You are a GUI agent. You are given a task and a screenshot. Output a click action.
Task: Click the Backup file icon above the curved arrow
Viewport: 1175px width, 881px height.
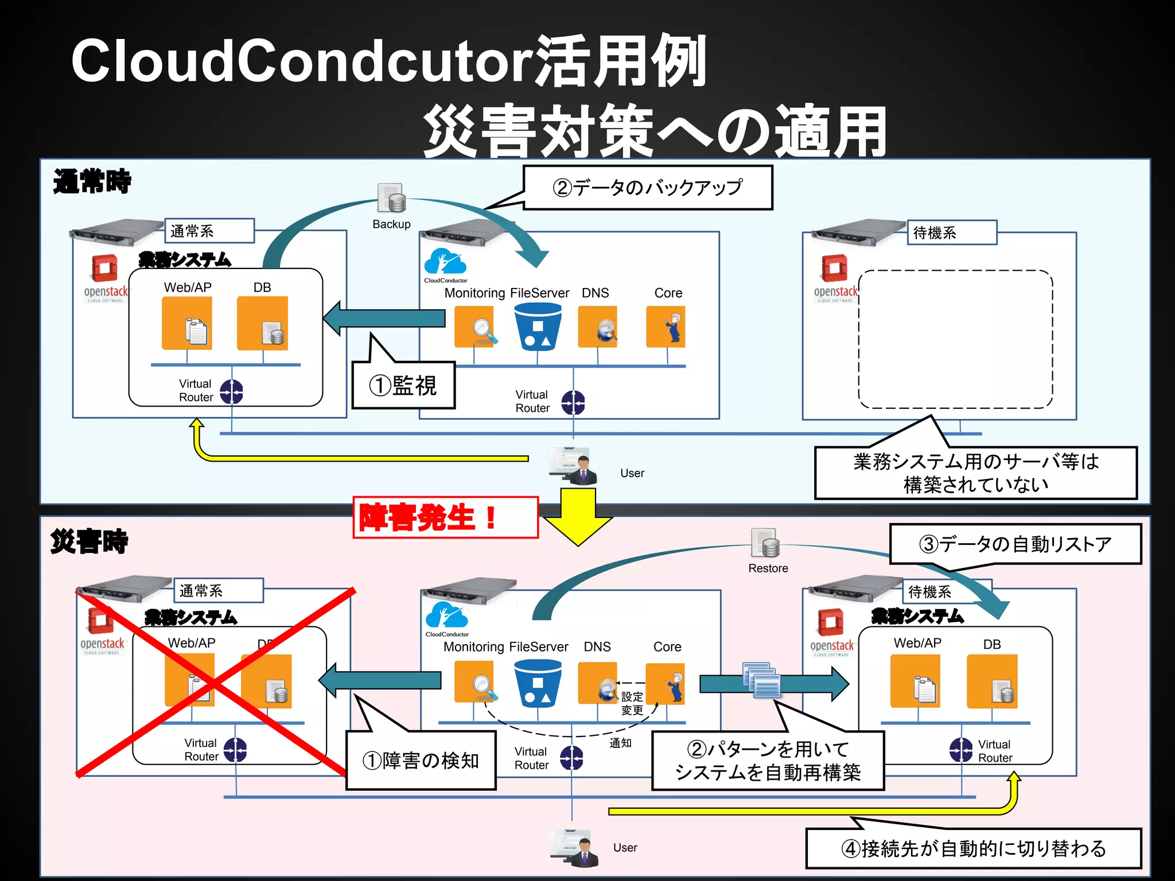click(391, 198)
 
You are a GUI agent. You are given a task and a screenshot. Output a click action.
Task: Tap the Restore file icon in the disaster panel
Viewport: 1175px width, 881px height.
click(765, 543)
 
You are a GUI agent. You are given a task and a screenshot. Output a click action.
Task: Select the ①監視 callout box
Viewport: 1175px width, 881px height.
click(403, 385)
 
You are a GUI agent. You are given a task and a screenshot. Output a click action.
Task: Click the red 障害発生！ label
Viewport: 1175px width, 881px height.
click(445, 517)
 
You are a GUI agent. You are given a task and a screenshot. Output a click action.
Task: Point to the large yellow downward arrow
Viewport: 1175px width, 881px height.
click(578, 516)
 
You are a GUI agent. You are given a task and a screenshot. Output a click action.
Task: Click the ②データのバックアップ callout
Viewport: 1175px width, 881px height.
click(648, 188)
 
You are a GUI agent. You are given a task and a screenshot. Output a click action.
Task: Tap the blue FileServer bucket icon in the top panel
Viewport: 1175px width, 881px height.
click(538, 326)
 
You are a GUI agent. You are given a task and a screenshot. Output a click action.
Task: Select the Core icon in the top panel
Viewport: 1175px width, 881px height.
click(666, 326)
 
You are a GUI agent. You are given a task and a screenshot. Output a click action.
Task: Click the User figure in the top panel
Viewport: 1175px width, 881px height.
click(574, 466)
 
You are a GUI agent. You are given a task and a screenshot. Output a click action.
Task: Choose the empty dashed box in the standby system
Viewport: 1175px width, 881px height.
click(955, 339)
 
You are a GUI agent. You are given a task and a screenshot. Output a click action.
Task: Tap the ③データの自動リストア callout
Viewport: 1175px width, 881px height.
click(1015, 544)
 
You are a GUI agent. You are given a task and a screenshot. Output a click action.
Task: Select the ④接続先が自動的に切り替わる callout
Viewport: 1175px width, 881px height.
click(973, 848)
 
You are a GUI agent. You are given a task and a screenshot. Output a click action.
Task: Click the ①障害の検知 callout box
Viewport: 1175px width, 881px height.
click(421, 761)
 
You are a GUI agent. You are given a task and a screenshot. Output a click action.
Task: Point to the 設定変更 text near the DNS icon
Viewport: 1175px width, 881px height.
click(632, 703)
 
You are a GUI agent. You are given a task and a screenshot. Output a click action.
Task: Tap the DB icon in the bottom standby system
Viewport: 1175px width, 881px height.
click(992, 681)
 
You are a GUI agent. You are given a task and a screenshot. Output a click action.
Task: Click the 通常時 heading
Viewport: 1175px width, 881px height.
click(92, 181)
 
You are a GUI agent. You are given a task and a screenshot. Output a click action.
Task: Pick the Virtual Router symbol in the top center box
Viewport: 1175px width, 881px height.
click(573, 402)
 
